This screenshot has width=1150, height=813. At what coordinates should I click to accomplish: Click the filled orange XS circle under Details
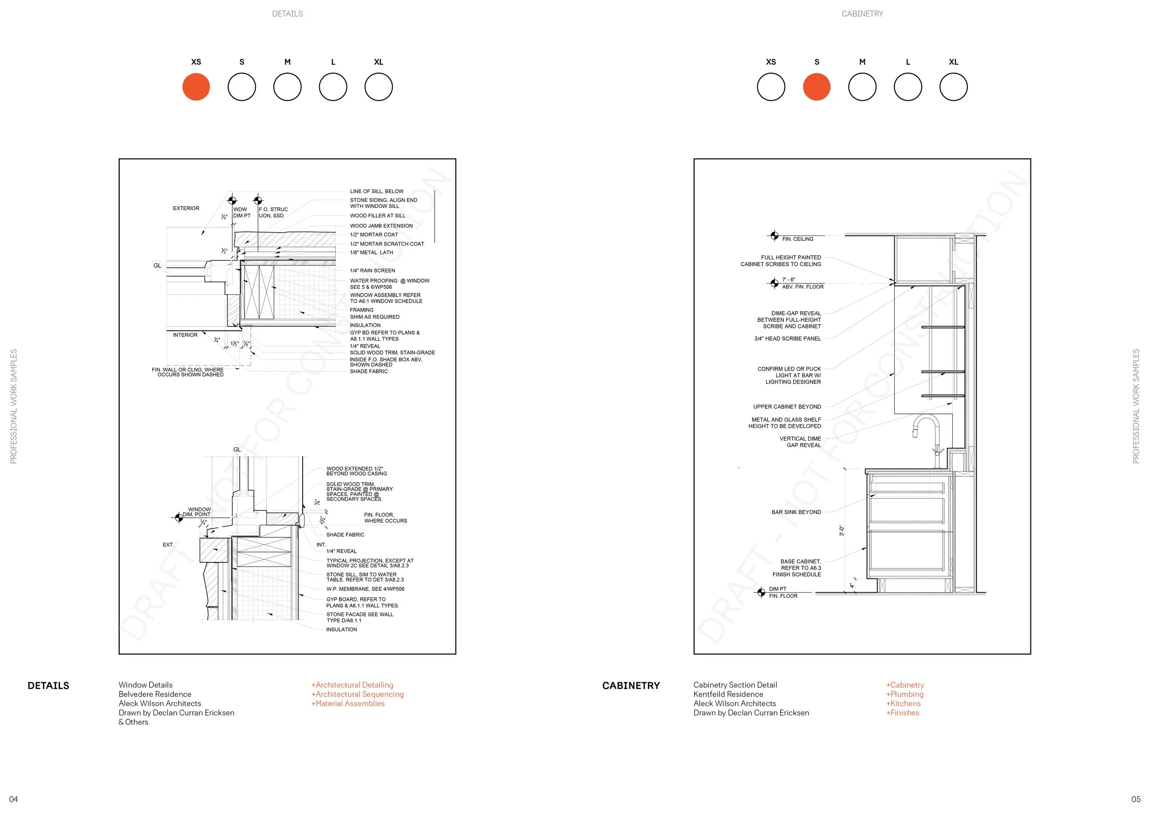click(196, 86)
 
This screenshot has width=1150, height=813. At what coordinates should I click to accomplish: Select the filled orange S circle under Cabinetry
click(816, 86)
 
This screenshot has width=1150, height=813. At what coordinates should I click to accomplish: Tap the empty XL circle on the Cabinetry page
click(953, 86)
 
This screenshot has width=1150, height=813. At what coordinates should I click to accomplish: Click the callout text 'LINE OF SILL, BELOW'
click(377, 191)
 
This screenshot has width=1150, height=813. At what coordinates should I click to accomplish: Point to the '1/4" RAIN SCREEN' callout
click(372, 270)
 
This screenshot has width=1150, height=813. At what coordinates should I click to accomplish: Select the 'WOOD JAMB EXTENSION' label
click(381, 226)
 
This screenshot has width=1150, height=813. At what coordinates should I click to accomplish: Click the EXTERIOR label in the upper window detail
click(186, 208)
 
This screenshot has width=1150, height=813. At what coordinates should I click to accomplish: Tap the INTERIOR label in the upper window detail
click(185, 335)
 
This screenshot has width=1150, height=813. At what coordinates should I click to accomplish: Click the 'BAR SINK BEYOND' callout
click(796, 512)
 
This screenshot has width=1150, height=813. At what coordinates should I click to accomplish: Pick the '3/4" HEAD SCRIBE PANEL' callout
click(788, 338)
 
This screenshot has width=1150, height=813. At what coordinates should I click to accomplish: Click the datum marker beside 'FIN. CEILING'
click(774, 235)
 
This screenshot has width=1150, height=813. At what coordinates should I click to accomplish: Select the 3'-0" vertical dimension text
click(842, 531)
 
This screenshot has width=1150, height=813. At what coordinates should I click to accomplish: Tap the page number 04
click(13, 799)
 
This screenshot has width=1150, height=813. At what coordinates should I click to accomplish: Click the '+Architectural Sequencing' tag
click(357, 694)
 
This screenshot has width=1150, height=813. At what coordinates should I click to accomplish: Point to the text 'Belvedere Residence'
click(155, 694)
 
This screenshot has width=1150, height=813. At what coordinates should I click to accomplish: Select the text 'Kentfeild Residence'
click(728, 694)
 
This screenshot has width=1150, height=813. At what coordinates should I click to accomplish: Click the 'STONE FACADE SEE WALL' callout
click(360, 614)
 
